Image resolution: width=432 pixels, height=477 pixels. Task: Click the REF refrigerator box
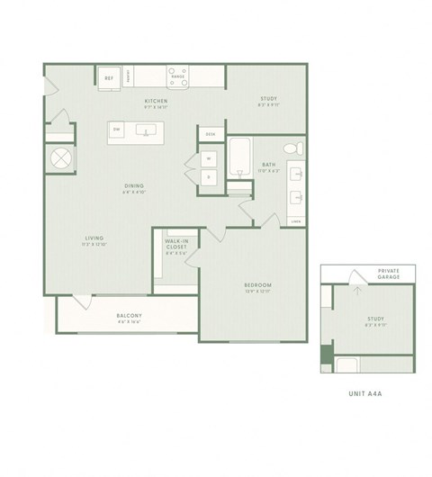pos(110,78)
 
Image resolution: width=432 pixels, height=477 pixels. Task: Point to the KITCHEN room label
pos(157,102)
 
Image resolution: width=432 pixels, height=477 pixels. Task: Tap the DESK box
pos(210,133)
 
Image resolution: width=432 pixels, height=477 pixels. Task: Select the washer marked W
pos(208,158)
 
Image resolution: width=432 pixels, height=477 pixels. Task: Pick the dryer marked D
pos(208,176)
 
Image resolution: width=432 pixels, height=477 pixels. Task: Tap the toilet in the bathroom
pos(290,148)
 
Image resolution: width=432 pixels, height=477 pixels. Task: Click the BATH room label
pos(268,165)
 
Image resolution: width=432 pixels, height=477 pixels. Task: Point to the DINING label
pos(135,187)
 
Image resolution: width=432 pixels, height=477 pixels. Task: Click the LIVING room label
pos(94,239)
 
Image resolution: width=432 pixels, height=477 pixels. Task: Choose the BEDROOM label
pos(257,286)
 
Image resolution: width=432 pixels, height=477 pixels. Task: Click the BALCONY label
pos(130,315)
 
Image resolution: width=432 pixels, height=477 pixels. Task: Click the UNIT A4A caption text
pos(367,394)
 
